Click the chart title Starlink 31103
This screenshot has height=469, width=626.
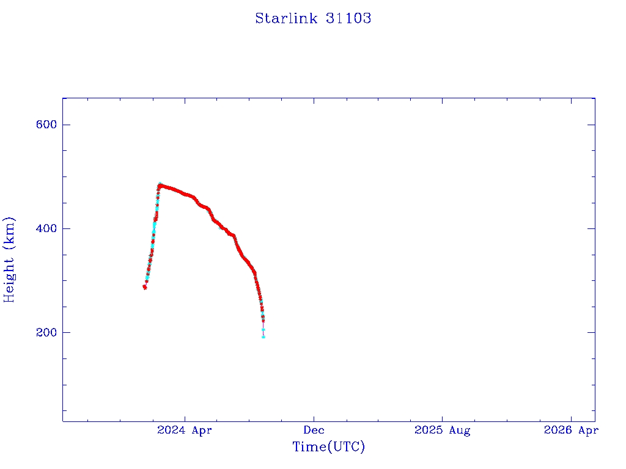coord(313,18)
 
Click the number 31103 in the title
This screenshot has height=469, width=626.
coord(348,18)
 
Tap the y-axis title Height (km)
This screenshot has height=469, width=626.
coord(9,259)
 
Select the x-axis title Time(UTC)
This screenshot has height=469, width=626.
coord(328,447)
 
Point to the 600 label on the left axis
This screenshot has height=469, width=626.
coord(46,125)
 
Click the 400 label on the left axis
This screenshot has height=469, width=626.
coord(46,228)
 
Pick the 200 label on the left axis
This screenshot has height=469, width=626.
coord(46,332)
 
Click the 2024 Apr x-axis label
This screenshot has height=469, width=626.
coord(185,431)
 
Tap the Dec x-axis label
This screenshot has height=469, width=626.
coord(314,431)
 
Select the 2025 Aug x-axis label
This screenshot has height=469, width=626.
coord(442,431)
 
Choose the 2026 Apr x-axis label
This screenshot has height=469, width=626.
coord(570,431)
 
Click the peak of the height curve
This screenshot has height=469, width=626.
coord(160,184)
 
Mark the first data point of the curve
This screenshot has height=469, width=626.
coord(145,287)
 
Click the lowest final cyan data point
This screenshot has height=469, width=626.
coord(263,336)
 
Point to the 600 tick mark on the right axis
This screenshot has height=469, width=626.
coord(591,125)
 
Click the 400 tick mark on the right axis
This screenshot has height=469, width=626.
coord(591,228)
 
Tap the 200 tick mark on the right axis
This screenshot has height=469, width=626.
coord(591,332)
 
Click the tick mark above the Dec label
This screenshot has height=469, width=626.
coord(314,418)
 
